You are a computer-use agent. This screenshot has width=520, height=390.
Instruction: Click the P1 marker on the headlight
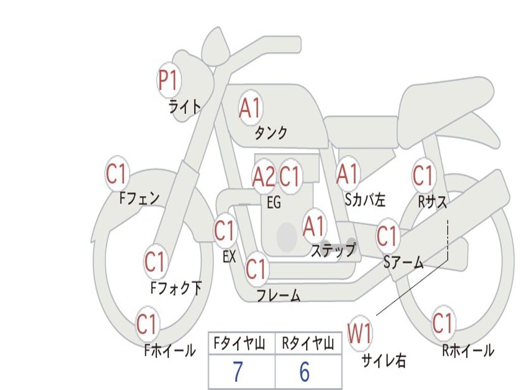169,80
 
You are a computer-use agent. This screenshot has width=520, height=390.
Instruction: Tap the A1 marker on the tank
250,108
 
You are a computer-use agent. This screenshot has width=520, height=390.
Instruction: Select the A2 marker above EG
264,176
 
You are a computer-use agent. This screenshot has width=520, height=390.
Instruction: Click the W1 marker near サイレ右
360,333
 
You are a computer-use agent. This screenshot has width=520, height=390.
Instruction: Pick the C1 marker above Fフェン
117,173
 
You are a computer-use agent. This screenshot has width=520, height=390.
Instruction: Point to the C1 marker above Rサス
424,175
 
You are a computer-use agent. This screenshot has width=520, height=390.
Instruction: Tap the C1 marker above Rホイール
443,322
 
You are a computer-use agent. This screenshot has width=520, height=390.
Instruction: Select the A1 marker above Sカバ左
348,174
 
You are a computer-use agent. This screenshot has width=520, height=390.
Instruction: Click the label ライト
185,107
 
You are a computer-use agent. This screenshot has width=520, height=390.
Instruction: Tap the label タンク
271,133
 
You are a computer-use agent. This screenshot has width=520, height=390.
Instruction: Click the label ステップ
333,250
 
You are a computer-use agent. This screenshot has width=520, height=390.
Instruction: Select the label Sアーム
404,263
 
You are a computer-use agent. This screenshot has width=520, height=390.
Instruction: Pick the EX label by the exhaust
229,256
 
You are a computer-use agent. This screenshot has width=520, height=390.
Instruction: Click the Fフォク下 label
176,288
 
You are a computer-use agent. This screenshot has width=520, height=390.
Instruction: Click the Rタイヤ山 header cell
308,343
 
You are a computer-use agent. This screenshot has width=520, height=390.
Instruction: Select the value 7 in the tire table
238,372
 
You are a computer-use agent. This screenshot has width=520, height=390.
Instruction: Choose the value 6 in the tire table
305,372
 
